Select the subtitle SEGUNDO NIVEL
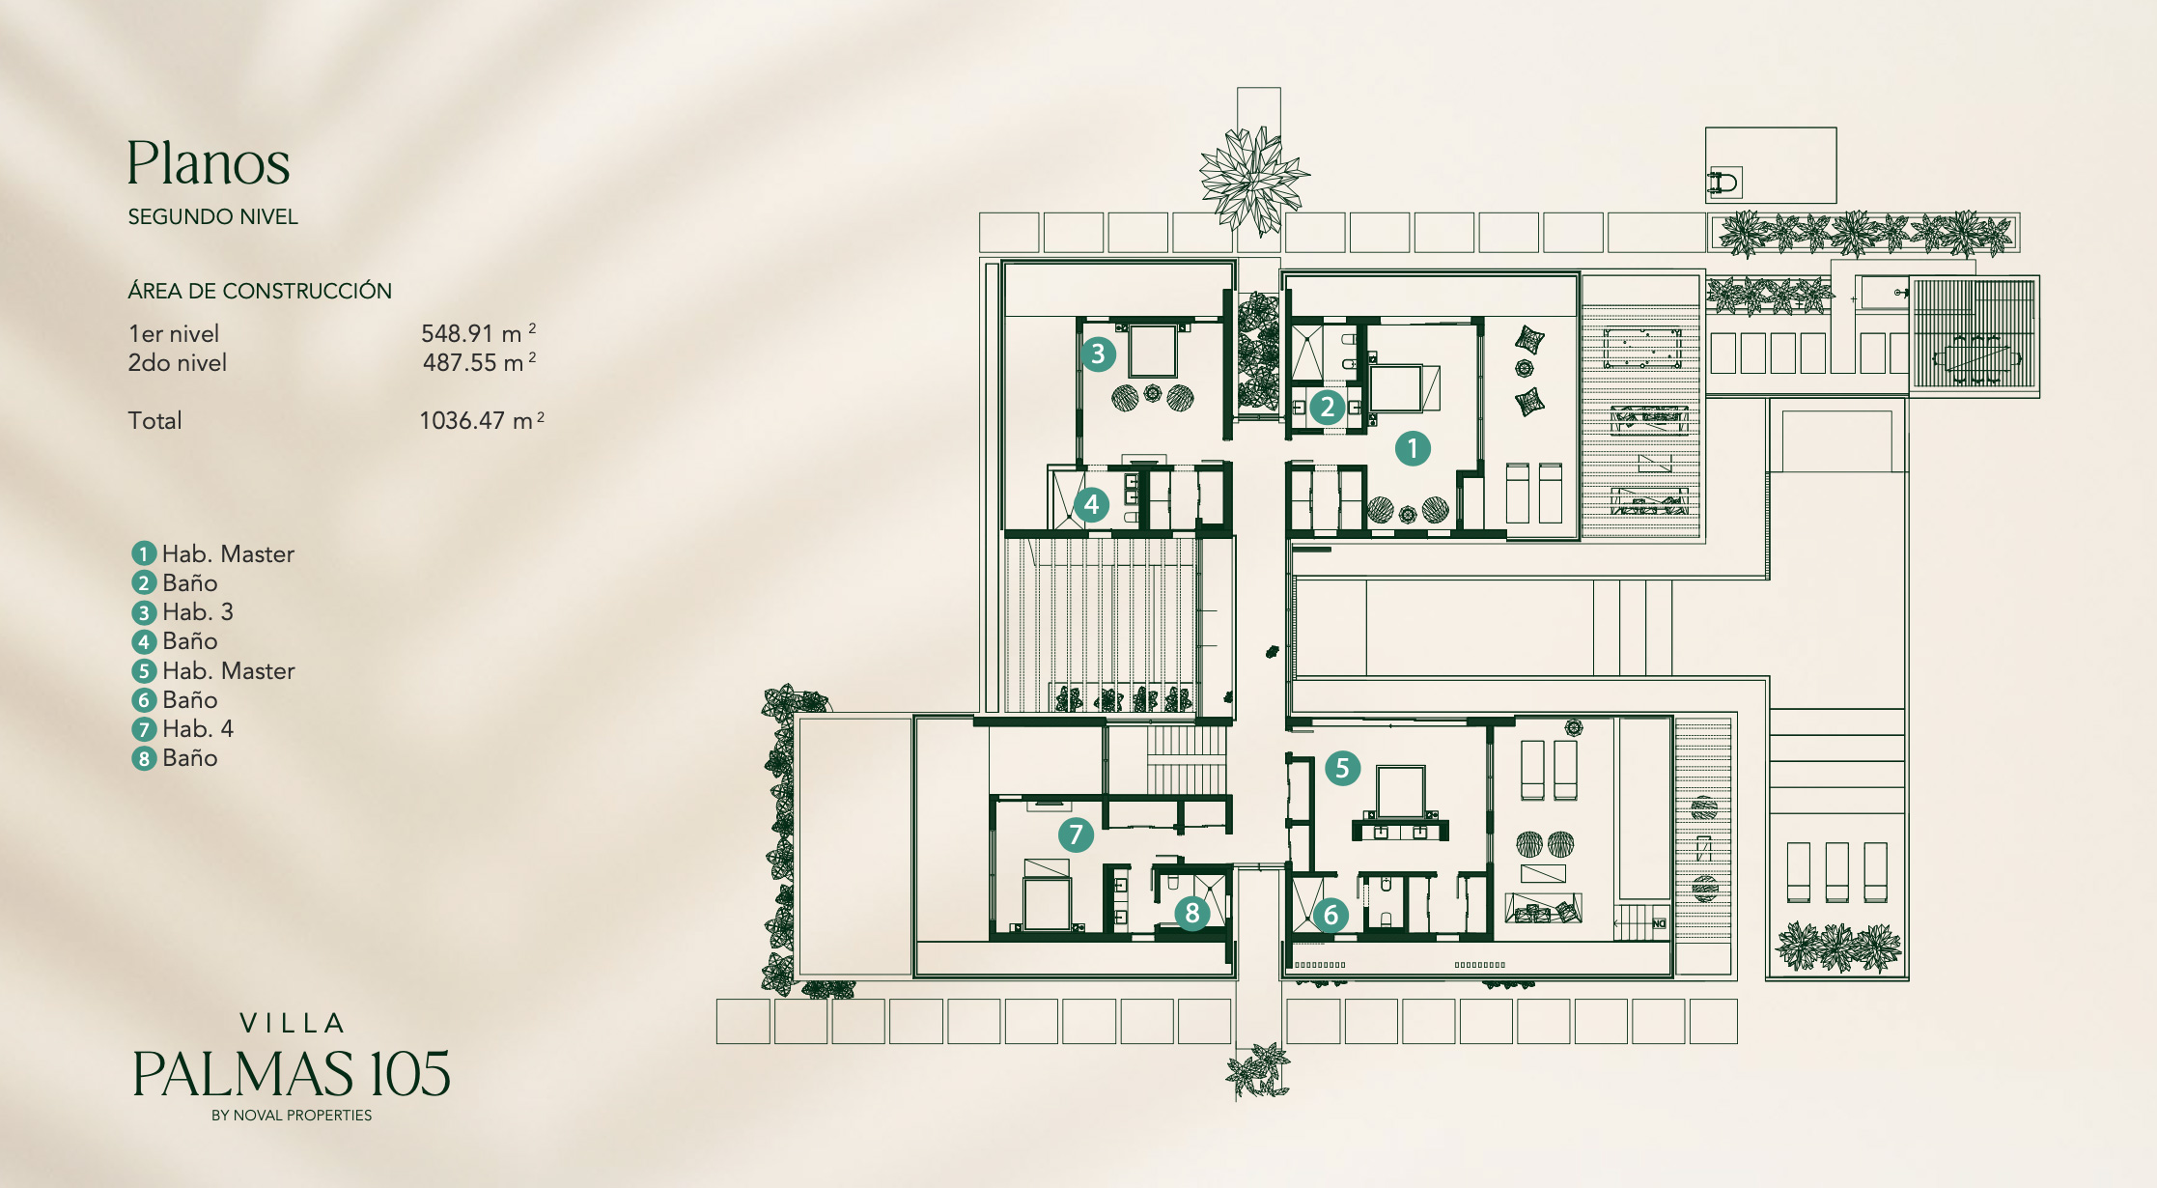tap(212, 216)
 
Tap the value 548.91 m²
tap(478, 333)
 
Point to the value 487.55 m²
tap(479, 362)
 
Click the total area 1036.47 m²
tap(482, 420)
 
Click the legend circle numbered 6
tap(144, 700)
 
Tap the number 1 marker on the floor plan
tap(1413, 448)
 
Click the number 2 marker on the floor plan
tap(1328, 407)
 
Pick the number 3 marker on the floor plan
tap(1098, 354)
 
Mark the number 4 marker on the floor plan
tap(1091, 504)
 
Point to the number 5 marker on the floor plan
tap(1342, 768)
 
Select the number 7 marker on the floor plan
tap(1076, 834)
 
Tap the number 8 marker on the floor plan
tap(1192, 913)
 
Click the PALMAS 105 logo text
tap(292, 1074)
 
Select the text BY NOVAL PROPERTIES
tap(292, 1116)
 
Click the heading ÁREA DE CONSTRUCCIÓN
tap(260, 290)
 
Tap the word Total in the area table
tap(154, 420)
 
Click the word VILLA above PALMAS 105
tap(292, 1023)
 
